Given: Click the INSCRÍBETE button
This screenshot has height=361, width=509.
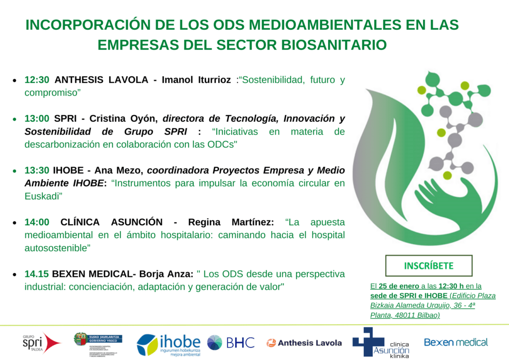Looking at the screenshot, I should click(x=428, y=266).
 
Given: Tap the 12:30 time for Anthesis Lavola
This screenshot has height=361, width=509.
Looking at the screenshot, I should click(x=37, y=80).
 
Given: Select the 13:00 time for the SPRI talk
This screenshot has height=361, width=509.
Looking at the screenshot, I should click(x=37, y=118).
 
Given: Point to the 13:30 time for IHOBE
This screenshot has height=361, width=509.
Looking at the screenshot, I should click(x=37, y=170).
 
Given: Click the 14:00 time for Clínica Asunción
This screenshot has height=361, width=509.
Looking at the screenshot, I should click(x=37, y=222).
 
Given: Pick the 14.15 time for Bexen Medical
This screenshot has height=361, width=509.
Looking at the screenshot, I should click(x=37, y=274).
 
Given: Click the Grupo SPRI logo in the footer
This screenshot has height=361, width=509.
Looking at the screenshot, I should click(x=41, y=343).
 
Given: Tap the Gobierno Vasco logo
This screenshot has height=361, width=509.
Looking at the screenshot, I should click(x=98, y=343).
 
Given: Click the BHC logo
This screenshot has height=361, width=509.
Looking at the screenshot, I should click(x=231, y=343).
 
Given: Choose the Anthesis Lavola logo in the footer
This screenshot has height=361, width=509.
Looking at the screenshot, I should click(x=304, y=343).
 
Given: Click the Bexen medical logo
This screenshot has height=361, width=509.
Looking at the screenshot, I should click(x=456, y=342).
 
